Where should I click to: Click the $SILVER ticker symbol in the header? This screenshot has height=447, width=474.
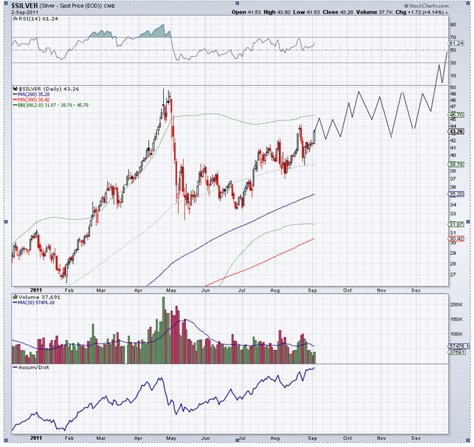click(26, 6)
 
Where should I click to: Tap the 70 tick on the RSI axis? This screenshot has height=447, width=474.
click(452, 36)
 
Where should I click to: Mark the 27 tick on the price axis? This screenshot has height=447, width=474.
click(452, 274)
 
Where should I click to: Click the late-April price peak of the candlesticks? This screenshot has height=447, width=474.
click(165, 91)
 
